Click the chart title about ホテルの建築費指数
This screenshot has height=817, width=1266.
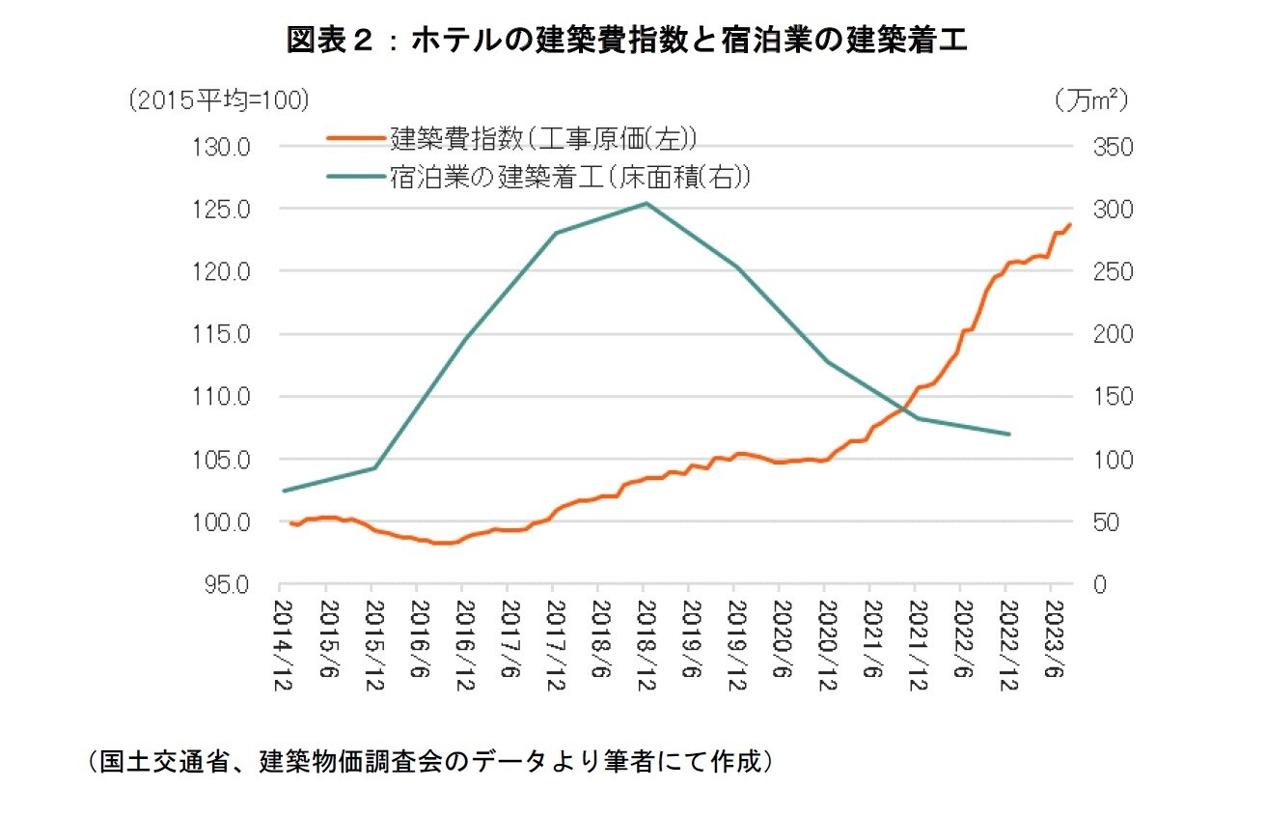(x=626, y=40)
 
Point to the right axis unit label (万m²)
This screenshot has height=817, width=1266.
(x=1090, y=99)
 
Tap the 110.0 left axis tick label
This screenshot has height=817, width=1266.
(x=225, y=397)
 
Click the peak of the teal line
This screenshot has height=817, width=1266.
(x=645, y=203)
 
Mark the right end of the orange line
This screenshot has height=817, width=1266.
(x=1069, y=225)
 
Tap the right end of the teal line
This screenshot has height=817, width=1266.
(x=1008, y=434)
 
